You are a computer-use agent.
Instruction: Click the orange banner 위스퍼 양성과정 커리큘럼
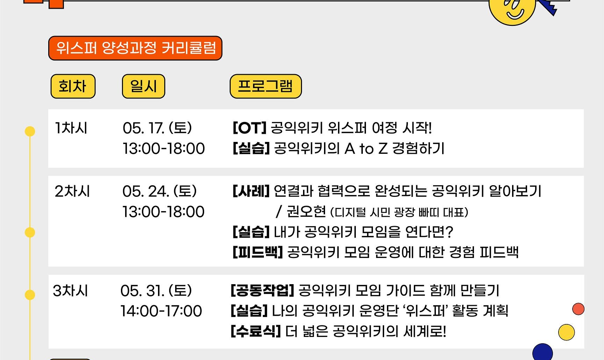tap(135, 48)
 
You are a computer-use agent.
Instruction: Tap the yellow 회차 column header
tap(73, 86)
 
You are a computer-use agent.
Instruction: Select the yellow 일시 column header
tap(143, 86)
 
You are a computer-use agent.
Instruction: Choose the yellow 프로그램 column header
tap(266, 86)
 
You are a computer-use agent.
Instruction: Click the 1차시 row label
tap(71, 128)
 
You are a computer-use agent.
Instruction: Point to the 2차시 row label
tap(72, 192)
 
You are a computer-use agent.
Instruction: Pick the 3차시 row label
tap(70, 291)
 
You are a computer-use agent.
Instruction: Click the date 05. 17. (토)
tap(157, 128)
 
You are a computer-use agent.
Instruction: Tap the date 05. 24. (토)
tap(160, 192)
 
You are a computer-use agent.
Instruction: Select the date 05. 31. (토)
tap(156, 291)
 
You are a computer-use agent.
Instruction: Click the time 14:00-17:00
tap(161, 311)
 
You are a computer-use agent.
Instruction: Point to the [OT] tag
tap(250, 128)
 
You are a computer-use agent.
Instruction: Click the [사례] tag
tap(251, 191)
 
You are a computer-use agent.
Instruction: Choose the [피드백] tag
tap(258, 252)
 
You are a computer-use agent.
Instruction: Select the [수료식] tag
tap(256, 331)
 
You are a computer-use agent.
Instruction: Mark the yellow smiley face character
tap(512, 10)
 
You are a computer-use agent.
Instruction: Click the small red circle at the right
tap(578, 309)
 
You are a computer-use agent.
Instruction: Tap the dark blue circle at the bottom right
tap(542, 352)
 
